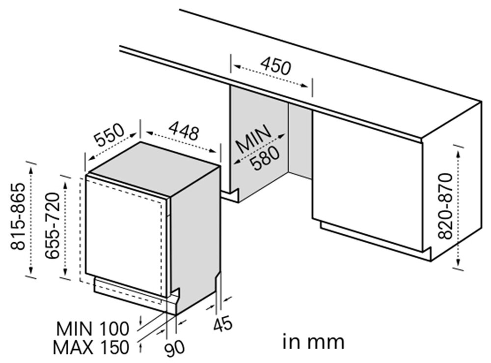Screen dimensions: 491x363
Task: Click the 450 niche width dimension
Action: click(275, 66)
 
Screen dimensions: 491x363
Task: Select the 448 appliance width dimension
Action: click(184, 131)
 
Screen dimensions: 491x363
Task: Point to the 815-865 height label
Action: click(17, 216)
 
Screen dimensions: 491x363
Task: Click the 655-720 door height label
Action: click(52, 226)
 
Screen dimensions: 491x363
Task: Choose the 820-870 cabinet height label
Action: click(445, 206)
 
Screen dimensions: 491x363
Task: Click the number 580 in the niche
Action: click(266, 159)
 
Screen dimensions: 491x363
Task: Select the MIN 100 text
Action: click(93, 329)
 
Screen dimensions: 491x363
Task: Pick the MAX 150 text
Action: click(91, 347)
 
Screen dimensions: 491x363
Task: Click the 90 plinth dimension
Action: click(175, 348)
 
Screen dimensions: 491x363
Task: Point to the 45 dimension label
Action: click(223, 324)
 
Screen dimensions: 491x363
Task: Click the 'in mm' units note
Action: click(313, 342)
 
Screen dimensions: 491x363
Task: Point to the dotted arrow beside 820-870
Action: click(458, 208)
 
